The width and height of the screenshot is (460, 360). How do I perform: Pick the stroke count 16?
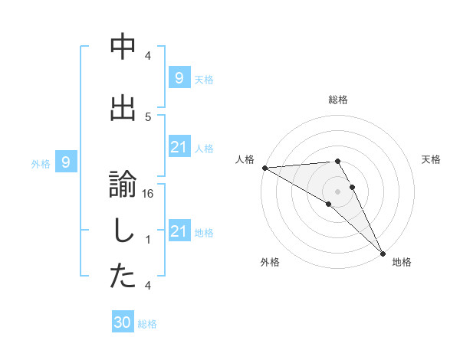coord(149,195)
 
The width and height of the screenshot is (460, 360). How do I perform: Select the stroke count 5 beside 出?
coord(149,116)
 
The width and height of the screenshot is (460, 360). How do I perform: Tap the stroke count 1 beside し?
coord(149,240)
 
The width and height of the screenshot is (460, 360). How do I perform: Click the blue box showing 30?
coord(123,322)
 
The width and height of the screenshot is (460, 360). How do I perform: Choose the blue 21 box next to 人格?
coord(179,148)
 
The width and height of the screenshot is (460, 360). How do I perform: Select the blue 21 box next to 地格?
coord(179,232)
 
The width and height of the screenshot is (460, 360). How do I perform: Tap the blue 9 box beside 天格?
coord(179,78)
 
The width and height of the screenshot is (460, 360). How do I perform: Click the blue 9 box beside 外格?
coord(67,162)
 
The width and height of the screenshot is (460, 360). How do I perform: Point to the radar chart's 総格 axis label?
coord(337,100)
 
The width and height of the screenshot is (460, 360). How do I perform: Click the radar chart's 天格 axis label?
coord(432,159)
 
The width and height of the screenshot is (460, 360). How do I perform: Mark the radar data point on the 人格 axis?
coord(264,168)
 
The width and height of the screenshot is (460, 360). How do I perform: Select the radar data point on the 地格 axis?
coord(383,253)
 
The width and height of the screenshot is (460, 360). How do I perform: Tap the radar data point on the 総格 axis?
coord(337,161)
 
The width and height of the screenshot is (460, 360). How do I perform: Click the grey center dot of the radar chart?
coord(337,191)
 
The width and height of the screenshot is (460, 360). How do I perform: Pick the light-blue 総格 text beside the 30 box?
coord(147,324)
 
